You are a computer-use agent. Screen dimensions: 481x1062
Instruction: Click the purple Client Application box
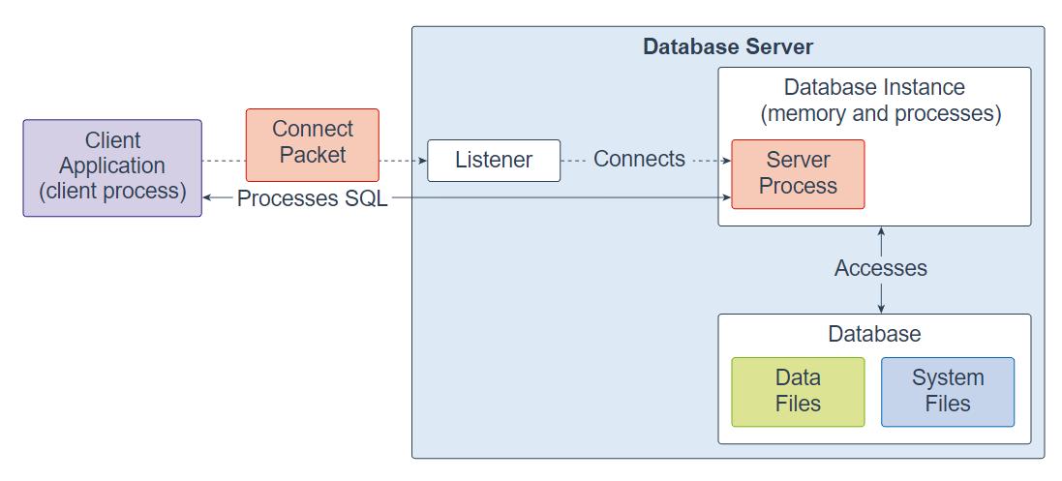(112, 167)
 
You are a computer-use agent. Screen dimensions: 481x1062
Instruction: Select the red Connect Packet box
(312, 144)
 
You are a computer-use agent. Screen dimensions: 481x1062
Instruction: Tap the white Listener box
(494, 161)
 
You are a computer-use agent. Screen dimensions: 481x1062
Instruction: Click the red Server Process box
(798, 173)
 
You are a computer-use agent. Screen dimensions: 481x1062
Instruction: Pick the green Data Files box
(798, 391)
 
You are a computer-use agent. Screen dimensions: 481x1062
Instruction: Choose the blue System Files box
(947, 391)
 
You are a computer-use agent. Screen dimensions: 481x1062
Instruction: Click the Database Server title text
(728, 46)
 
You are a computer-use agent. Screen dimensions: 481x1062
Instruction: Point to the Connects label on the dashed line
(639, 160)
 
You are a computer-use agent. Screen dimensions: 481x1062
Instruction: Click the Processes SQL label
(312, 198)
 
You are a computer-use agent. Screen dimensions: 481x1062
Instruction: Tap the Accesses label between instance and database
(880, 268)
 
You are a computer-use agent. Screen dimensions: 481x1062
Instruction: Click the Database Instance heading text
(874, 87)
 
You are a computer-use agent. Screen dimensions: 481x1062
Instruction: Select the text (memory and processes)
(880, 113)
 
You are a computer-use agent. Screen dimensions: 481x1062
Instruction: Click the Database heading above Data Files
(874, 334)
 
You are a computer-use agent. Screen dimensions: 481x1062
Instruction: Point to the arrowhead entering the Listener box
(422, 161)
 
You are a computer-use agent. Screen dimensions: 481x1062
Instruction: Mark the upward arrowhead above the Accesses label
(880, 232)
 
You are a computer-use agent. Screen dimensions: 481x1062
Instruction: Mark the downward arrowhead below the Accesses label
(880, 308)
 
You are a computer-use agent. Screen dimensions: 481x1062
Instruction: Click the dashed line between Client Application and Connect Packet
(224, 161)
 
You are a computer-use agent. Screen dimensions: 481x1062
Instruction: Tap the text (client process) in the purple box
(112, 191)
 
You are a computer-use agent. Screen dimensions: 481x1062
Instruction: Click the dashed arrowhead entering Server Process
(726, 161)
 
